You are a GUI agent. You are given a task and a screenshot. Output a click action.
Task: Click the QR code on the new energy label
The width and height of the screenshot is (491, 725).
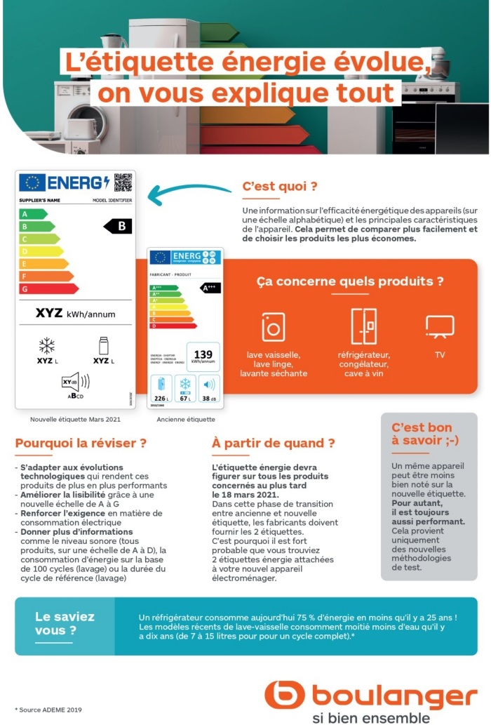[x=123, y=182]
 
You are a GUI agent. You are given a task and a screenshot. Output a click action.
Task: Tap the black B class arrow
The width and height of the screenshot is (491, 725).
[x=119, y=226]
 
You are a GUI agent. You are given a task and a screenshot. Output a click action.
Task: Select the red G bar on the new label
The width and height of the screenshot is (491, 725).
[x=49, y=289]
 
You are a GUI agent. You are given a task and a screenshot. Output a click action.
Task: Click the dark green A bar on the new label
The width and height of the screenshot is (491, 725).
[x=34, y=214]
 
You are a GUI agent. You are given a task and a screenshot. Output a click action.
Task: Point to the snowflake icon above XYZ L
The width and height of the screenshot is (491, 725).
[x=46, y=345]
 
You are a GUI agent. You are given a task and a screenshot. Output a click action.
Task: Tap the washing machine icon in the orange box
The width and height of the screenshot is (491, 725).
[x=273, y=327]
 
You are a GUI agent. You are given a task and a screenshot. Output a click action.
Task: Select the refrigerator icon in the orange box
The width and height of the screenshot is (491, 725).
[x=363, y=326]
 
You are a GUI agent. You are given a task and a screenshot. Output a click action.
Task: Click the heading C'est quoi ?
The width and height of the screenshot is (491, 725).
[x=280, y=187]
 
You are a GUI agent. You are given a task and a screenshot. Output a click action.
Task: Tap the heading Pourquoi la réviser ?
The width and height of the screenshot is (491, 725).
[x=81, y=443]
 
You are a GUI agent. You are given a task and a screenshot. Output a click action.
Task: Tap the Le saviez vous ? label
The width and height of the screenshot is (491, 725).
[x=65, y=623]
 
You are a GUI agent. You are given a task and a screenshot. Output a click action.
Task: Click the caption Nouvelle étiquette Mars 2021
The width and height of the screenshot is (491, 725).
[x=75, y=419]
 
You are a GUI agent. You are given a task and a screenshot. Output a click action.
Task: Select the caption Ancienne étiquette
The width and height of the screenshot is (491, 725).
[x=186, y=419]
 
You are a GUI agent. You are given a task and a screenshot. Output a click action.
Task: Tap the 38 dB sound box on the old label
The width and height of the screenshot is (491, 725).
[x=209, y=388]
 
